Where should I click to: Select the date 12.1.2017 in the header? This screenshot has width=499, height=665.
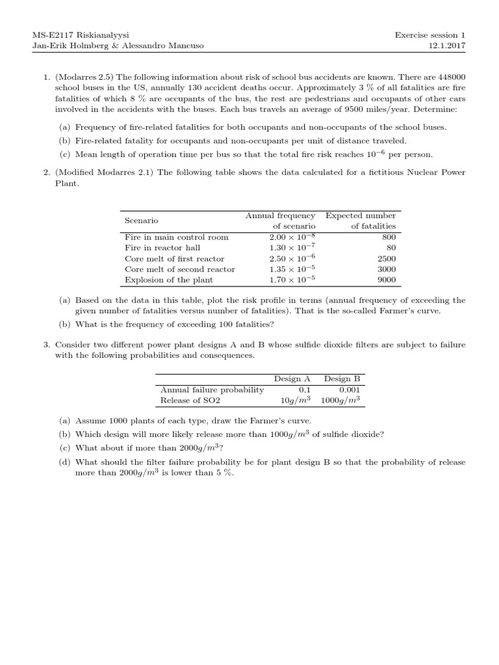[x=449, y=46]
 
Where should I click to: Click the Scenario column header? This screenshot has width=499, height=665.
[x=141, y=221]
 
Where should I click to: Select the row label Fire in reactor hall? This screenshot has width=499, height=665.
[x=162, y=247]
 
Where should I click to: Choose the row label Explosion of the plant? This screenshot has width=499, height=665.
[x=168, y=280]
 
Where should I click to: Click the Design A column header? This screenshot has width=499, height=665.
[x=292, y=379]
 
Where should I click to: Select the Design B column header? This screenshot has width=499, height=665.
[x=341, y=379]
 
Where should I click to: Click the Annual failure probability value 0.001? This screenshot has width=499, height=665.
[x=348, y=390]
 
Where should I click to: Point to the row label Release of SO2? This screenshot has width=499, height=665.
[x=181, y=400]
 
